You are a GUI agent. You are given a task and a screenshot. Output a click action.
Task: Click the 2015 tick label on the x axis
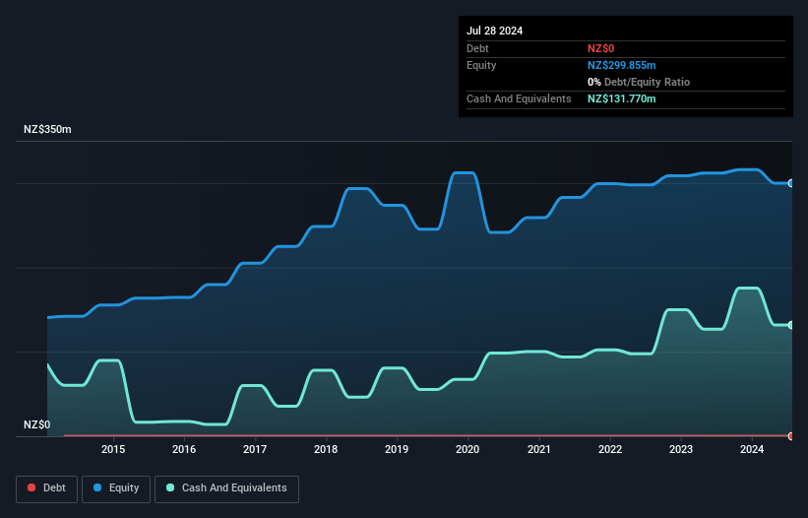(113, 450)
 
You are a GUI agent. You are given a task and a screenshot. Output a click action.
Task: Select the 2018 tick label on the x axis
(326, 450)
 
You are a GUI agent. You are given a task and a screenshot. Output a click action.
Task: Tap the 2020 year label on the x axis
(467, 450)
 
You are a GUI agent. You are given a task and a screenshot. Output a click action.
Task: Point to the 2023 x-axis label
(680, 450)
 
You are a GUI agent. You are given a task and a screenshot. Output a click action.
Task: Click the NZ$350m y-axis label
(48, 129)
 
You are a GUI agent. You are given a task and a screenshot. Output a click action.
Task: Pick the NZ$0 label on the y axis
(36, 424)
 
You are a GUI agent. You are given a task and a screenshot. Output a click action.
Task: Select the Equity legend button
(116, 487)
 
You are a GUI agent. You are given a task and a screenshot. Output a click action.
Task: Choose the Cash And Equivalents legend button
(226, 487)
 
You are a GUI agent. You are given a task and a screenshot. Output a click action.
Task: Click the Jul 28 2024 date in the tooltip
(495, 31)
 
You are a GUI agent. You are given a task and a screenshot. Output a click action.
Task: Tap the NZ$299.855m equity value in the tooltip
(621, 65)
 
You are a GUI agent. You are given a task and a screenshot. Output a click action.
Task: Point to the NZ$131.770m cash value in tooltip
(621, 98)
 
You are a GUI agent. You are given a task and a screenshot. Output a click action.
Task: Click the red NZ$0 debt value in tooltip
(601, 48)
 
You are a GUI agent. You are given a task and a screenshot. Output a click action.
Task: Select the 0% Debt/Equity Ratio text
(639, 82)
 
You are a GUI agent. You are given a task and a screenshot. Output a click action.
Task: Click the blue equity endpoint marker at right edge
(790, 183)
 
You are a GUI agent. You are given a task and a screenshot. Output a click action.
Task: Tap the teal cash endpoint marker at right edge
(790, 325)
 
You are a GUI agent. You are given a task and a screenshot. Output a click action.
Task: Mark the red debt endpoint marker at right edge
(790, 435)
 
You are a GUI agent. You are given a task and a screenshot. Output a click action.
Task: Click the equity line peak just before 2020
(464, 173)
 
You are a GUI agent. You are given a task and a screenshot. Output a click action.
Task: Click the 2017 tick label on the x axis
(255, 450)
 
